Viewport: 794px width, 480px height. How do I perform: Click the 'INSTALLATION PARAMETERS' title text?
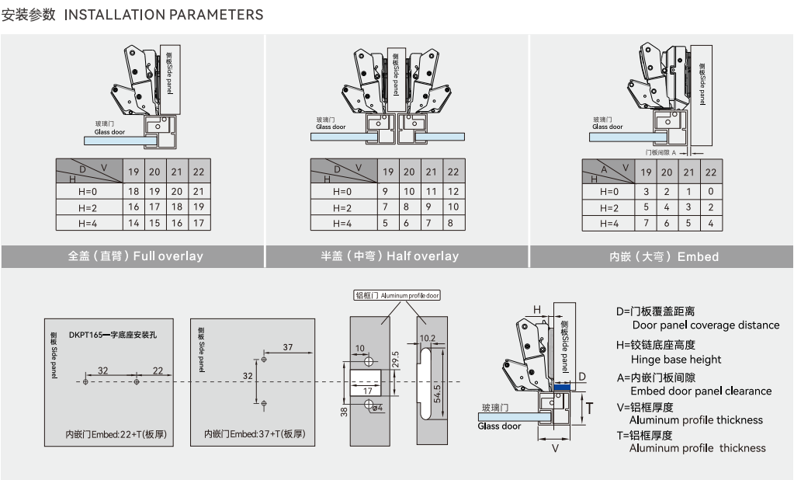click(x=163, y=15)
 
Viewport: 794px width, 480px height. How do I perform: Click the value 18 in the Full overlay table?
click(x=133, y=191)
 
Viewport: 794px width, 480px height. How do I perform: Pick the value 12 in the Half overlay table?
click(x=453, y=191)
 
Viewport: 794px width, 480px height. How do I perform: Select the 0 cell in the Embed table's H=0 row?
click(x=710, y=191)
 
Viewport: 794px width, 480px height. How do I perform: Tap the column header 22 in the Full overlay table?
click(x=199, y=172)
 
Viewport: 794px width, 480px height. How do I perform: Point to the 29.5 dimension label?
click(x=395, y=359)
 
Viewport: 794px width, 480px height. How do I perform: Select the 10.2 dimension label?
click(x=427, y=339)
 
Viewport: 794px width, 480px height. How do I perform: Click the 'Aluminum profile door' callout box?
click(x=397, y=295)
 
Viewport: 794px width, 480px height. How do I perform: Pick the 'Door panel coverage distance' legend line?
click(x=706, y=325)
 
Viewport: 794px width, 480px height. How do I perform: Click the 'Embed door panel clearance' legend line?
click(x=701, y=391)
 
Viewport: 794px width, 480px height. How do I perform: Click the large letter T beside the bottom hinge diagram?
click(x=590, y=407)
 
